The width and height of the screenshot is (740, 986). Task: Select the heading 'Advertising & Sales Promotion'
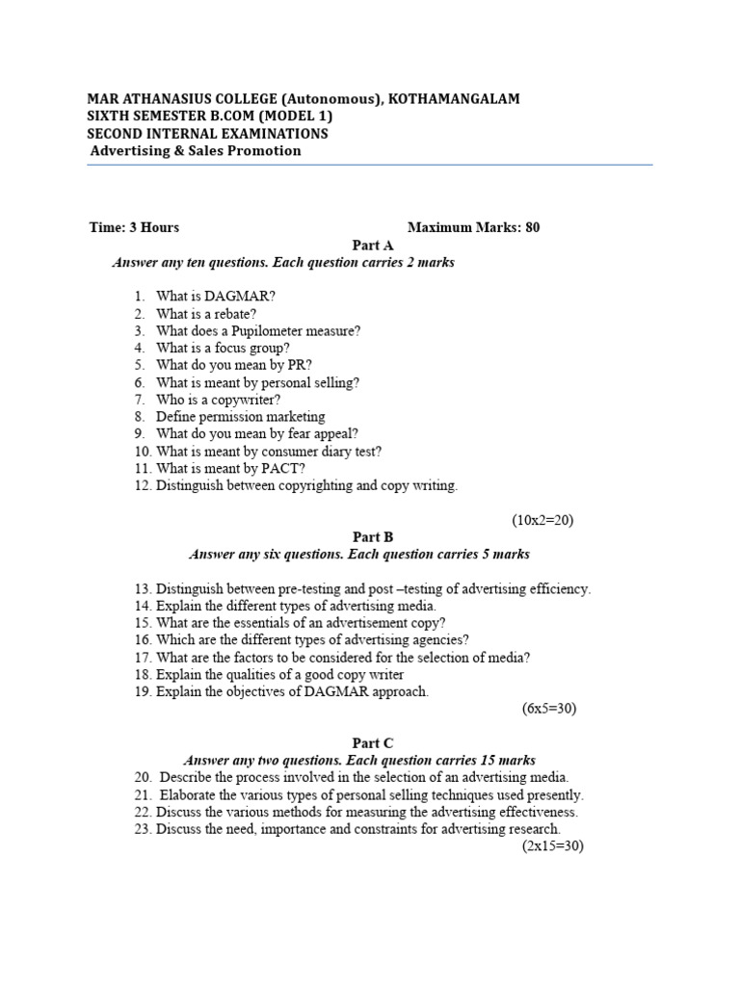[196, 151]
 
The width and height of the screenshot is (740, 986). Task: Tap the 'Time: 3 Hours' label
[134, 227]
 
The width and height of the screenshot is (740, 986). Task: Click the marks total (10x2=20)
[542, 520]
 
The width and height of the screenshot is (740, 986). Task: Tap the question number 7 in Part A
[140, 400]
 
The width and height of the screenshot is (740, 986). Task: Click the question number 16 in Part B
[143, 639]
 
